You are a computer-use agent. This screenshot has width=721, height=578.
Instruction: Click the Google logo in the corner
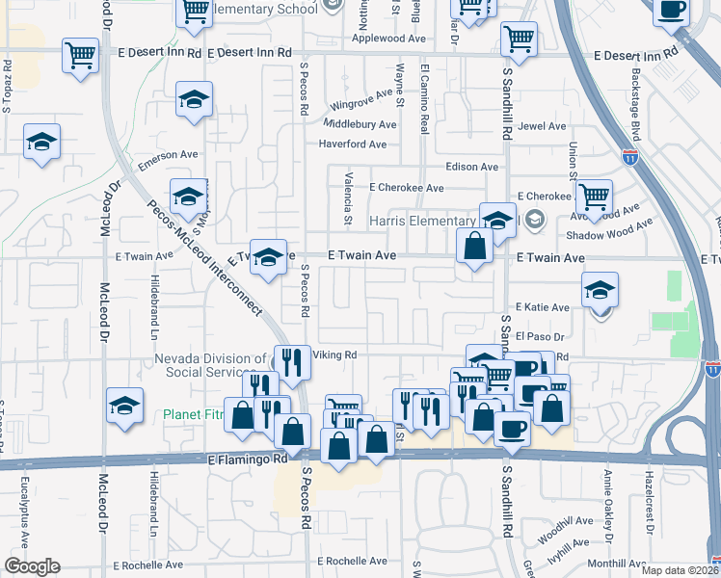click(x=32, y=566)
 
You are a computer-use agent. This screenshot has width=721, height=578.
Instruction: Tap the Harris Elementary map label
click(x=424, y=221)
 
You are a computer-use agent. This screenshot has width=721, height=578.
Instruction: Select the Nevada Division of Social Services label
click(x=209, y=365)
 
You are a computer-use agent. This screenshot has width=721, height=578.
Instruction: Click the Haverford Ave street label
click(x=353, y=144)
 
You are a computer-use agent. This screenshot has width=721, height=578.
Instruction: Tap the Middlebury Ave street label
click(x=360, y=124)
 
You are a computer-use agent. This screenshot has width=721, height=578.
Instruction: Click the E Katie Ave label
click(x=542, y=306)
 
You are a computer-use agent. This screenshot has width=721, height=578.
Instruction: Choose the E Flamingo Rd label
click(x=248, y=460)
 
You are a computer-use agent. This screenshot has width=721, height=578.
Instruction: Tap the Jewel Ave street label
click(x=542, y=126)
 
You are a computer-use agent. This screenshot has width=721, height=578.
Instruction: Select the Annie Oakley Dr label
click(x=608, y=501)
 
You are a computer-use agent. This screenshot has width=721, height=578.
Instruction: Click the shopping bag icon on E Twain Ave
click(x=475, y=246)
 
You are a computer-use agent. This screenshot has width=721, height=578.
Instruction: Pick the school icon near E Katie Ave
click(x=600, y=290)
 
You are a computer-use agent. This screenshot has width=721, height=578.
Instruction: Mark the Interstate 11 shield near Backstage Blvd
click(x=629, y=158)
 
